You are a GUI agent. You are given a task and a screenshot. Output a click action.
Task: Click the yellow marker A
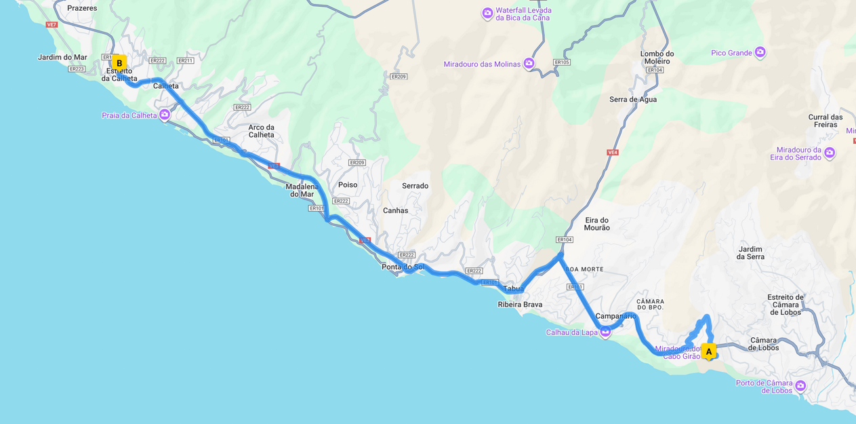[708, 351]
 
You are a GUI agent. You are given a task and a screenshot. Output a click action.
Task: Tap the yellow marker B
[119, 63]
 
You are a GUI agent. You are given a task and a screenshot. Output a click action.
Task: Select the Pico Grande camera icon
[760, 52]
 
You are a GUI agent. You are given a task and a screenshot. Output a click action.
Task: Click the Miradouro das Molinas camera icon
[529, 64]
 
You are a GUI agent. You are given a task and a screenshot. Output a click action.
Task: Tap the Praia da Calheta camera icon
[165, 115]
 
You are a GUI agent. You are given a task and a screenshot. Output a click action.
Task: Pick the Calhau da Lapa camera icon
[605, 332]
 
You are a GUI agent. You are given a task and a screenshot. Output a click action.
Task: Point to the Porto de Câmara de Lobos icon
[800, 386]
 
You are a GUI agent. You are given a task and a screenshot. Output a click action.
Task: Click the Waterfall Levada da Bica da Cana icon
[487, 14]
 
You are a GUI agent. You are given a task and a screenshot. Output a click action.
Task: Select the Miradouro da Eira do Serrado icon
[830, 153]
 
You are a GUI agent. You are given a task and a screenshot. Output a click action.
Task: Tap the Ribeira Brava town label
[520, 305]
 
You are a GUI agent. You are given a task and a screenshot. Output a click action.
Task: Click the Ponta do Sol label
[403, 267]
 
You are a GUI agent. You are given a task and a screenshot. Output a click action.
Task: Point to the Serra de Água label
[632, 99]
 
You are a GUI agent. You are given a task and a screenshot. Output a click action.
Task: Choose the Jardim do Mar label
[62, 58]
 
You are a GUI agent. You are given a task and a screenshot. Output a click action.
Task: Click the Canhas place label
[395, 210]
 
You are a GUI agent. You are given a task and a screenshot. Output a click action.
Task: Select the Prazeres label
[82, 8]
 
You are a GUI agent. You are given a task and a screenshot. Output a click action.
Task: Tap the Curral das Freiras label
[825, 121]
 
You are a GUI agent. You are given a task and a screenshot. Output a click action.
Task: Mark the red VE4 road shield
[612, 153]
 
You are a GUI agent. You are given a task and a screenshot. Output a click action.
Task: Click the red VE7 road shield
[52, 25]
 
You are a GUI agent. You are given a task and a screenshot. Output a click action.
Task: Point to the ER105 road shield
[561, 62]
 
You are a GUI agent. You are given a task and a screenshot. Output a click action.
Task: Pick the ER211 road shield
[185, 61]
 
